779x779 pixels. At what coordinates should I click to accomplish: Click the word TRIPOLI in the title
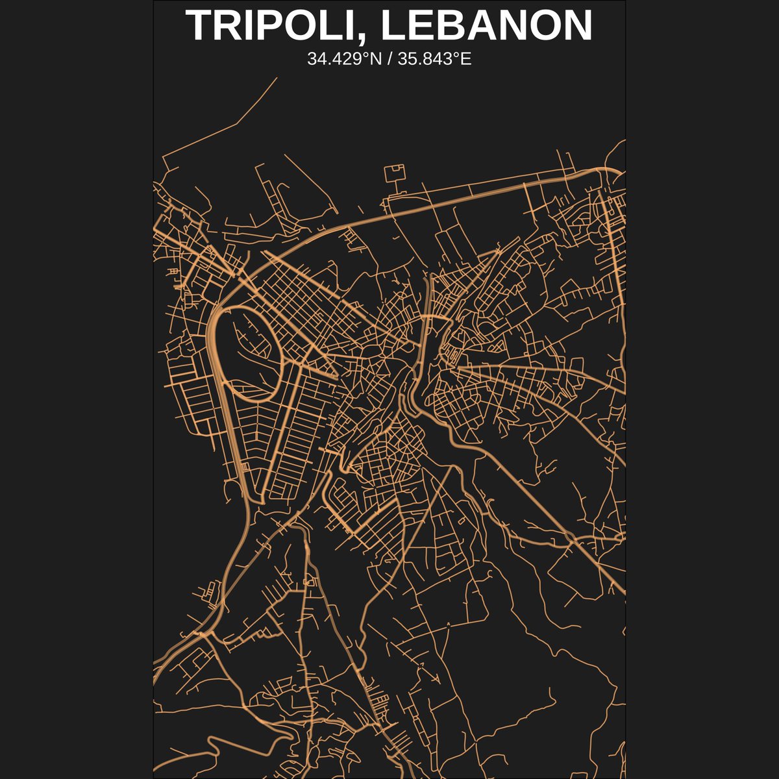pos(273,26)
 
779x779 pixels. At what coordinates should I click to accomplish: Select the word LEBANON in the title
pos(487,26)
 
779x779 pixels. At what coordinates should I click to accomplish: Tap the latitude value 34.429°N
pos(344,59)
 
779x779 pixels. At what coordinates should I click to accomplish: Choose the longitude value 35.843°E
pos(435,59)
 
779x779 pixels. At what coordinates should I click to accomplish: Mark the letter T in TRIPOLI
pos(199,26)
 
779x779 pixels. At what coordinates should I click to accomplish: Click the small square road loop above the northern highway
pos(395,173)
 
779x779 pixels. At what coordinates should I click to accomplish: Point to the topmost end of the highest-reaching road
pos(277,78)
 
